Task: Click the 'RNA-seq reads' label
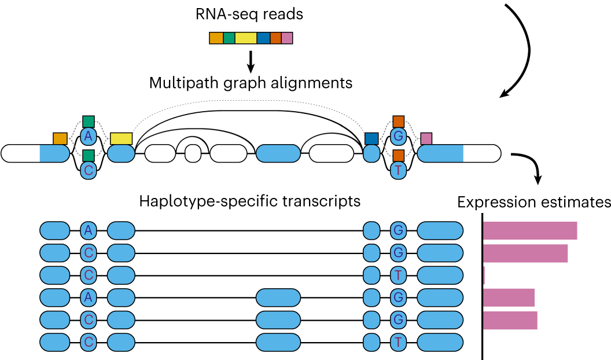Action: click(250, 13)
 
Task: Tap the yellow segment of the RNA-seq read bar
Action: click(245, 38)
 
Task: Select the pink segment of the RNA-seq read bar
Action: click(287, 38)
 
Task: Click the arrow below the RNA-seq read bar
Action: click(251, 60)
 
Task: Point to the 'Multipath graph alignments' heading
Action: click(251, 83)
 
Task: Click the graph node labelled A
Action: click(88, 137)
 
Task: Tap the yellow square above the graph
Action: click(121, 138)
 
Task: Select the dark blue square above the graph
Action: click(371, 138)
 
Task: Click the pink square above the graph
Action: click(426, 138)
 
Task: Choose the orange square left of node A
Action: click(60, 138)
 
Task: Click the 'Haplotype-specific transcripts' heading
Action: click(250, 201)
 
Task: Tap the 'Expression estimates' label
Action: click(534, 203)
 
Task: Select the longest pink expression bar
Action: click(529, 230)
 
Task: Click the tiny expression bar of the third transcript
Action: click(484, 275)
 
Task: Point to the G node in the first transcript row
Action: click(398, 230)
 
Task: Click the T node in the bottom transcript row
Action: click(398, 341)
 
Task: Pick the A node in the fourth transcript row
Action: click(88, 297)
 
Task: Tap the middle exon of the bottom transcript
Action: click(278, 341)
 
